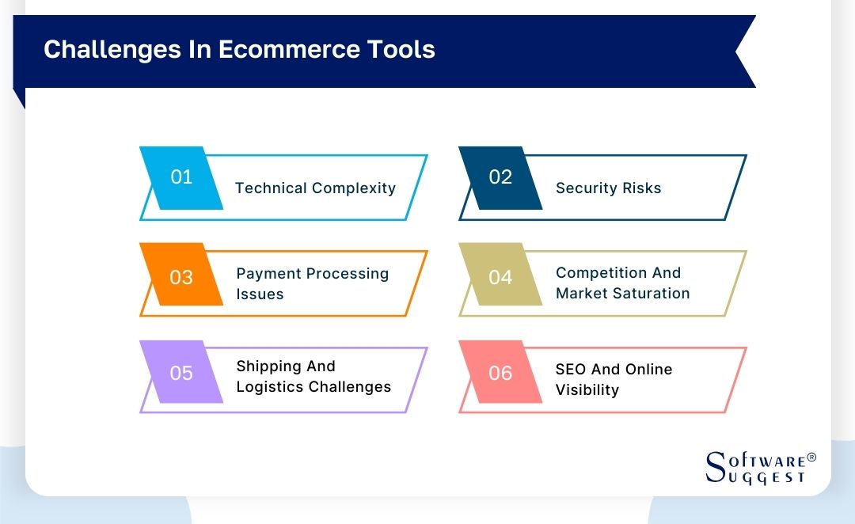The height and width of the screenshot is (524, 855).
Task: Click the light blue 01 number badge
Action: [181, 177]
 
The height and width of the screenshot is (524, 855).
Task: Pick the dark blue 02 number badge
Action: [500, 177]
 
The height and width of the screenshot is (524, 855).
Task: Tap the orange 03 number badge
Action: [181, 277]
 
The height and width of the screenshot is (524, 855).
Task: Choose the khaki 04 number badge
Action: [500, 277]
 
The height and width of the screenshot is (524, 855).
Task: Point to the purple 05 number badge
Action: [181, 373]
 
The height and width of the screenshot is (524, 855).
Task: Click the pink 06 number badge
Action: [500, 373]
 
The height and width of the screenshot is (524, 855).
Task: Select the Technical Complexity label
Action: [315, 188]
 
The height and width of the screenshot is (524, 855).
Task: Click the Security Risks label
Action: [608, 188]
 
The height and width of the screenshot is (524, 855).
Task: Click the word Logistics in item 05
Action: [270, 387]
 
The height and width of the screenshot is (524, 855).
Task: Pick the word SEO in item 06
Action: [571, 370]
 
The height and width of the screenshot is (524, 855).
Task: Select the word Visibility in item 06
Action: [587, 390]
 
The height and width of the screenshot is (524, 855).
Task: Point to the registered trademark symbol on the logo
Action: [811, 458]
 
